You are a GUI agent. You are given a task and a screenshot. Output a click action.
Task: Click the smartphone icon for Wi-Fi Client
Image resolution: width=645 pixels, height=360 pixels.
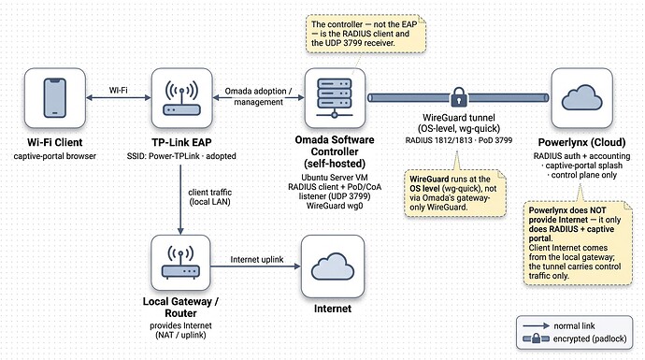point(55,98)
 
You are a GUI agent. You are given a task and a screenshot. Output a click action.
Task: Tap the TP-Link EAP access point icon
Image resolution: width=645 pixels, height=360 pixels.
point(182,98)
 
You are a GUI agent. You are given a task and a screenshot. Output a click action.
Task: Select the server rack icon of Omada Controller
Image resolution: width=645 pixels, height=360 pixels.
point(335,98)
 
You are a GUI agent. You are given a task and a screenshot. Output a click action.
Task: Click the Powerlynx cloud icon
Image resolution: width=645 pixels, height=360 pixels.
point(581,97)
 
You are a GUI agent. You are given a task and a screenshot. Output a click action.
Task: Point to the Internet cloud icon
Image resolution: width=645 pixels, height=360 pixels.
point(333,266)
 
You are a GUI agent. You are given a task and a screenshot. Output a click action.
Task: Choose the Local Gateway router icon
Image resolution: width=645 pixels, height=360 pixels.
point(180,263)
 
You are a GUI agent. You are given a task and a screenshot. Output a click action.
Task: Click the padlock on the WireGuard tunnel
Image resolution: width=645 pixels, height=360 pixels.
point(459,97)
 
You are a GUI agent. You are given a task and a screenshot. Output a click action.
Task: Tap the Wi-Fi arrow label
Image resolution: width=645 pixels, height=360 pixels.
point(119,90)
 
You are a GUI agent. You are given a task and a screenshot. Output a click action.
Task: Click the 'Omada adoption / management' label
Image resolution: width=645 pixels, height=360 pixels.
point(258,96)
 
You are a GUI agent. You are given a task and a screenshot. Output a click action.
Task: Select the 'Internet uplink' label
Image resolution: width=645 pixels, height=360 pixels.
point(257,260)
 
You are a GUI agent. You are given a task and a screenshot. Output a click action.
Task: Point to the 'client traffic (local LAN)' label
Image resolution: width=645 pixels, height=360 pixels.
point(209,197)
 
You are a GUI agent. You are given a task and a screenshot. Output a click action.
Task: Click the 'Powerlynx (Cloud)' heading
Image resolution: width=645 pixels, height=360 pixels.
point(581,142)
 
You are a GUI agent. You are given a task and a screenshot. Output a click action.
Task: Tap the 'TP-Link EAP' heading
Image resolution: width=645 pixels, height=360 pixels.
point(181,142)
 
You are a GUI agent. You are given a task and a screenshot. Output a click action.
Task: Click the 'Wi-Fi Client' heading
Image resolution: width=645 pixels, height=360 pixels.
point(55,142)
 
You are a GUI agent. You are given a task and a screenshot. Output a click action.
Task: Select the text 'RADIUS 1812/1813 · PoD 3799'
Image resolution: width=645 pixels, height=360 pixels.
point(459,140)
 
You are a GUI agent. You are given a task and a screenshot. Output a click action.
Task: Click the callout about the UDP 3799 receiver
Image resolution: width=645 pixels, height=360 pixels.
point(365,34)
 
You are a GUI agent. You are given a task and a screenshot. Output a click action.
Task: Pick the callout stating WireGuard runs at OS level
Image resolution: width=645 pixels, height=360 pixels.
point(455,193)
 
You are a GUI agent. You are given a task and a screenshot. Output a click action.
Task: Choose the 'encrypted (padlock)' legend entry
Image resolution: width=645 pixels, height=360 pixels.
point(575,338)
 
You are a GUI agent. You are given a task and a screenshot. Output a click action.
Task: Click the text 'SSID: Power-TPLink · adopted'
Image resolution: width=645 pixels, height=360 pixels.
point(181,156)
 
